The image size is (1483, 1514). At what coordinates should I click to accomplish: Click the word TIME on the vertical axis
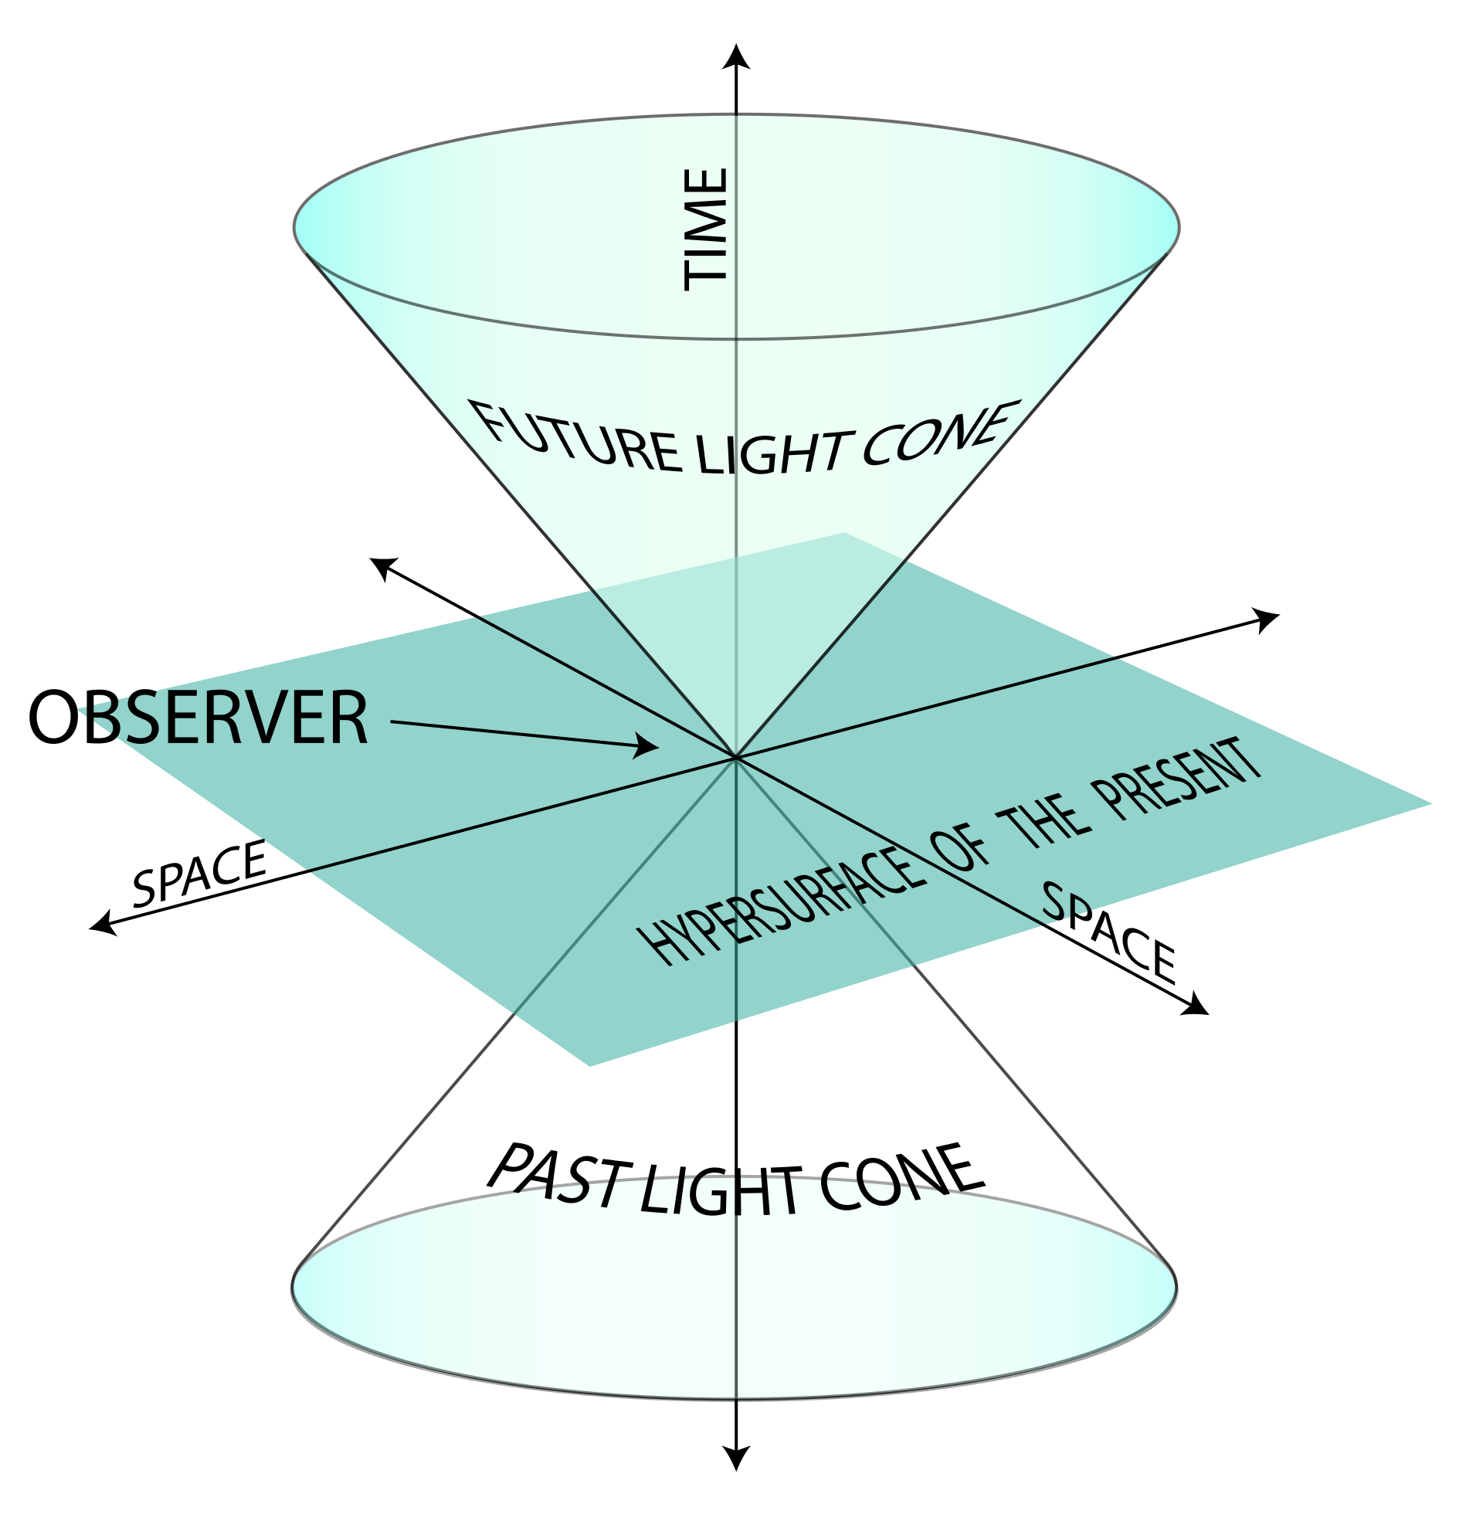point(706,229)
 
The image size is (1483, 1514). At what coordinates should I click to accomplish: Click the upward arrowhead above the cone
point(736,58)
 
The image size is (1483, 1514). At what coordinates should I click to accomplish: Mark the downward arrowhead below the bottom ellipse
point(736,1457)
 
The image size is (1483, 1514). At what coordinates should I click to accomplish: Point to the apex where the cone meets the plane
point(735,756)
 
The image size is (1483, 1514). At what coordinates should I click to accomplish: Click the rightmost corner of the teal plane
point(1430,803)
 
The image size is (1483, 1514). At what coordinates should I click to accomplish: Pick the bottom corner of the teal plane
point(589,1066)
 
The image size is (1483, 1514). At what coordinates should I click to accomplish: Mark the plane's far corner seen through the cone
point(845,535)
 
